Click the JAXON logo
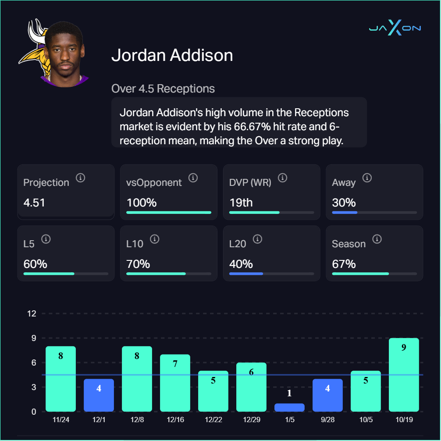(x=395, y=28)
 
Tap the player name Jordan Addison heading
(x=172, y=56)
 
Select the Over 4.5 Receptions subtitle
(x=163, y=89)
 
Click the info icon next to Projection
(x=80, y=178)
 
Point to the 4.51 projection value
(x=34, y=203)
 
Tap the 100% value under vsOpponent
(x=142, y=203)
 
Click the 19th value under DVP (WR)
(x=241, y=203)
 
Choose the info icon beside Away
(x=367, y=178)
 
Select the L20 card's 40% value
(x=241, y=264)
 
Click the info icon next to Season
(x=377, y=239)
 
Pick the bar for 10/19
(x=404, y=375)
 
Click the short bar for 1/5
(x=289, y=407)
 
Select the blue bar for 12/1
(x=99, y=395)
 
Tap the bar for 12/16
(x=175, y=383)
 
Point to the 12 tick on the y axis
(x=32, y=313)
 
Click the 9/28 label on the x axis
(x=327, y=420)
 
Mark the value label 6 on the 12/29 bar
(x=251, y=372)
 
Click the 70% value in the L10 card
(x=138, y=264)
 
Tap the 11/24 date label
(x=60, y=420)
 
